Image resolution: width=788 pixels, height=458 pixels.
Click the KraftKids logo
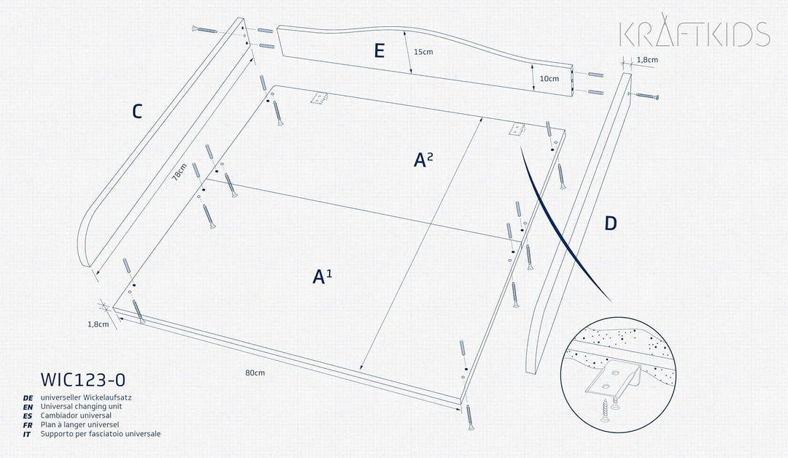[695, 31]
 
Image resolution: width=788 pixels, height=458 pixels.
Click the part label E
[379, 51]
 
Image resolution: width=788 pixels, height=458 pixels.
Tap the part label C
[136, 111]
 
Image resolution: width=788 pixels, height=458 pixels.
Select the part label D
[610, 224]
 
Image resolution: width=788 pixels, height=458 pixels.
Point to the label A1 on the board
[322, 276]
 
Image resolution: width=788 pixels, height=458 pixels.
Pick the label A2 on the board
[423, 159]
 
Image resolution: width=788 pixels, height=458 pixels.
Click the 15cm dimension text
[423, 52]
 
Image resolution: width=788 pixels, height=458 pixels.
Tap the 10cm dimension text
[549, 78]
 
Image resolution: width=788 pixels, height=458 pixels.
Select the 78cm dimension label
[179, 172]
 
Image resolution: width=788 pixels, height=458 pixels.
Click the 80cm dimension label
[255, 373]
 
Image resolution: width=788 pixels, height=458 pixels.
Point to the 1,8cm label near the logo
[647, 60]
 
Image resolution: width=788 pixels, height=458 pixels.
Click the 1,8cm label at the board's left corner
[98, 324]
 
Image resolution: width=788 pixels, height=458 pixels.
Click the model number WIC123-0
[83, 380]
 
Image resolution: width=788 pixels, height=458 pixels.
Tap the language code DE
[28, 398]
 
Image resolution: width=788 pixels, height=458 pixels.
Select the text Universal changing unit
[82, 407]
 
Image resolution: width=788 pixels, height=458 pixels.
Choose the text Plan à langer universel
[80, 425]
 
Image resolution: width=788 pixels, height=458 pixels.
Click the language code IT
[27, 435]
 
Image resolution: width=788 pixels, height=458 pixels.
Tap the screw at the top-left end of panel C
[204, 30]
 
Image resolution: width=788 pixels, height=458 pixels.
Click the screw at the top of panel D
[646, 96]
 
